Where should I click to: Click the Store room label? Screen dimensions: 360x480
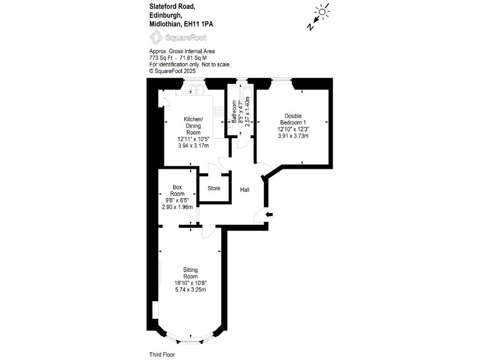[214, 188]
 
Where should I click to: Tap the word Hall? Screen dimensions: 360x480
[246, 189]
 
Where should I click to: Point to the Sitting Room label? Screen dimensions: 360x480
[190, 272]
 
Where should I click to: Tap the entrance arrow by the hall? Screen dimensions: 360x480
[269, 215]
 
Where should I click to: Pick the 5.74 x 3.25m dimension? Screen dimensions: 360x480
[190, 290]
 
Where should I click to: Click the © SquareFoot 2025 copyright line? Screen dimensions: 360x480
[172, 71]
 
